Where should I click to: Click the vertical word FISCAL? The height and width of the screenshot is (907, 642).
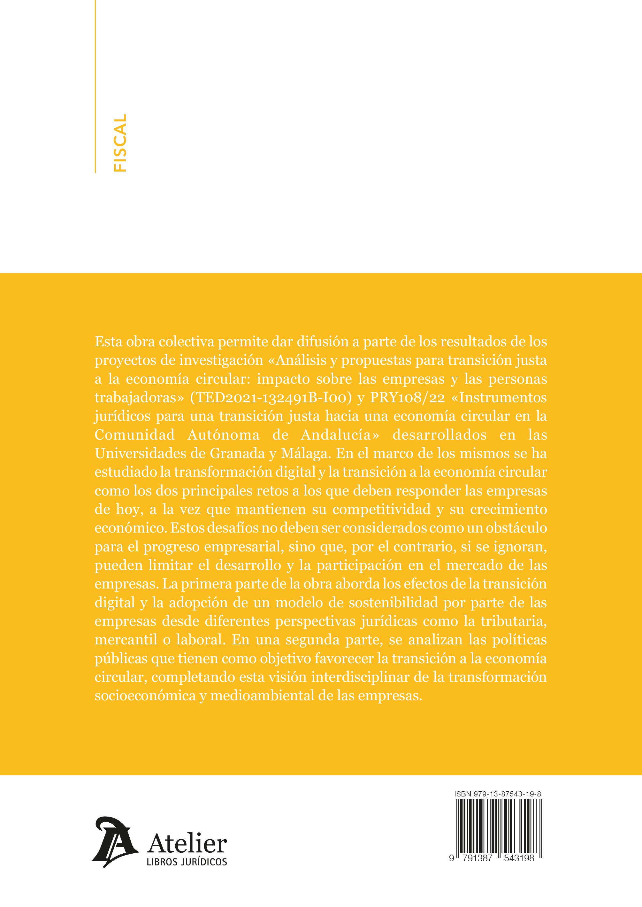tap(119, 143)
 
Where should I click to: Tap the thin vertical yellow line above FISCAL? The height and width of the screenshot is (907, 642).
tap(96, 59)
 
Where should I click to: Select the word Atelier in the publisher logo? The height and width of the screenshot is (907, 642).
tap(187, 843)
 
